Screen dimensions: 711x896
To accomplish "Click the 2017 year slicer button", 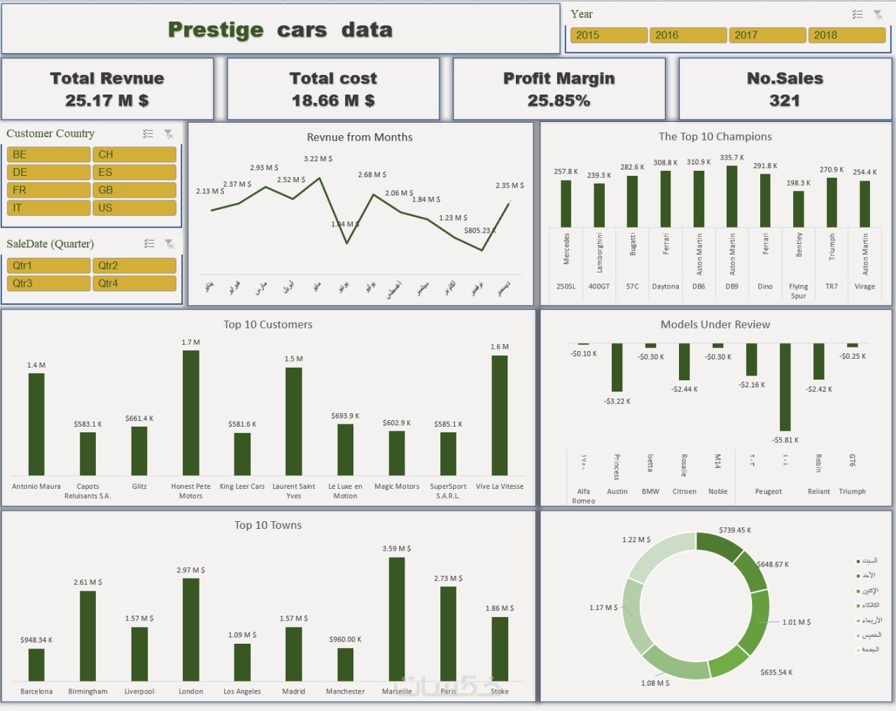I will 767,35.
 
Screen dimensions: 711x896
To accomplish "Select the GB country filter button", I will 134,190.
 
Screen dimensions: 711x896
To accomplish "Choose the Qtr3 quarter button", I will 48,283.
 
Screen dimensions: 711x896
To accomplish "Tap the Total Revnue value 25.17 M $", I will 107,101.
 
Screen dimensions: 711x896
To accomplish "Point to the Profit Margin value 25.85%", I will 559,101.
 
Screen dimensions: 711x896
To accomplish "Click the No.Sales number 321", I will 784,101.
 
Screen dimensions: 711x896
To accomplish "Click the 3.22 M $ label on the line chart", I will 318,159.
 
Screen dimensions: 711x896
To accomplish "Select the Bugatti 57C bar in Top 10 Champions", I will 632,202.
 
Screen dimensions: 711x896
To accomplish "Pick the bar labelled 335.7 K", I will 731,197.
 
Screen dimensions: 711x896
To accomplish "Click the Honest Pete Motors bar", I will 190,413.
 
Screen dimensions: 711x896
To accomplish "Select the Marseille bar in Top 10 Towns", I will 397,619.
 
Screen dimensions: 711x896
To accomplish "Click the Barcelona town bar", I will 36,665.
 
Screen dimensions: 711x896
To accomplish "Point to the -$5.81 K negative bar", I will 785,387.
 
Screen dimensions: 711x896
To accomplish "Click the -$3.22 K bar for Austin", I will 617,367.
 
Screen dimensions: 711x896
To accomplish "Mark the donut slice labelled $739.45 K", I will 720,545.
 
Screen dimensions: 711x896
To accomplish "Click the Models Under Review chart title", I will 715,324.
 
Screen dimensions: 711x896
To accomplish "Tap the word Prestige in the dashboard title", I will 216,30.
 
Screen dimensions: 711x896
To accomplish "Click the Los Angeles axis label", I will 242,691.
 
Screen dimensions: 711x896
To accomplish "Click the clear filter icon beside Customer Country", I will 169,134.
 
